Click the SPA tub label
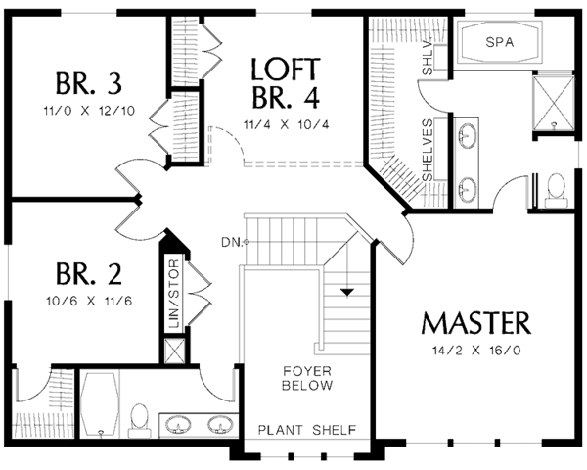click(x=502, y=41)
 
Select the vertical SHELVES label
click(x=428, y=148)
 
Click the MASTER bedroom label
click(x=476, y=322)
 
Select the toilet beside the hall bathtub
click(x=138, y=417)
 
